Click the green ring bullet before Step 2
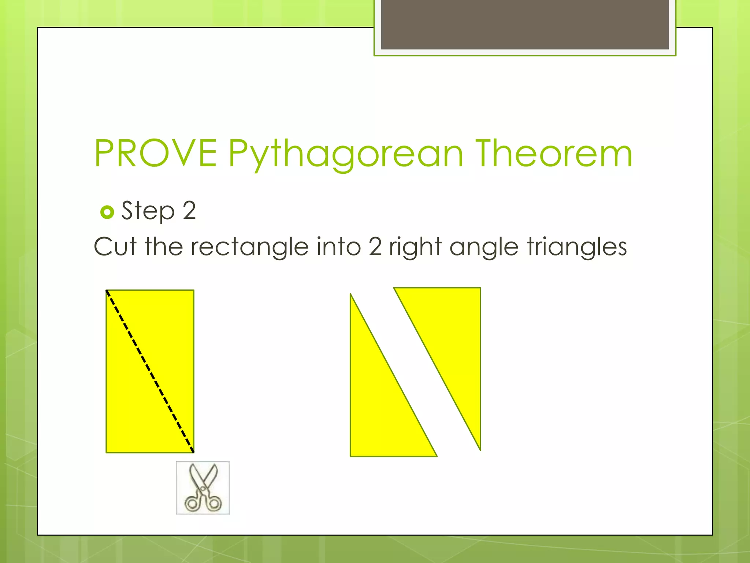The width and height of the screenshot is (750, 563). (107, 212)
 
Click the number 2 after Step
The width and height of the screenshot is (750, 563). (189, 210)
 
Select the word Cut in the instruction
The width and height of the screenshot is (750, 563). (115, 246)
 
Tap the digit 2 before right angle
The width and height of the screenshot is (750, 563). (375, 246)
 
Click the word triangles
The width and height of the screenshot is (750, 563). (577, 247)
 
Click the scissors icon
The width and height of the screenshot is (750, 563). (203, 488)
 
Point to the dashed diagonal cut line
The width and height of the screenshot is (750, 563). (150, 371)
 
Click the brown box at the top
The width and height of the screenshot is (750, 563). (525, 24)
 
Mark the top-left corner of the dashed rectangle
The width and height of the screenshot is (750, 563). (107, 291)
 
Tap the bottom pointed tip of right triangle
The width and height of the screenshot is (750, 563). (480, 449)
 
